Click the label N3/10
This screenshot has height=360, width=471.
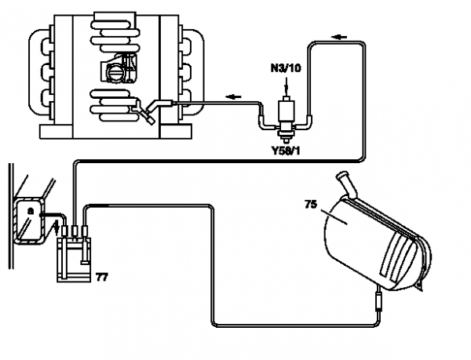coord(286,69)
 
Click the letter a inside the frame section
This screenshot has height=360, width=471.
coord(30,212)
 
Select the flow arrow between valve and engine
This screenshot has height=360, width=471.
coord(231,97)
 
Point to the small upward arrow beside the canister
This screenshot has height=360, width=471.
coord(55,229)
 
